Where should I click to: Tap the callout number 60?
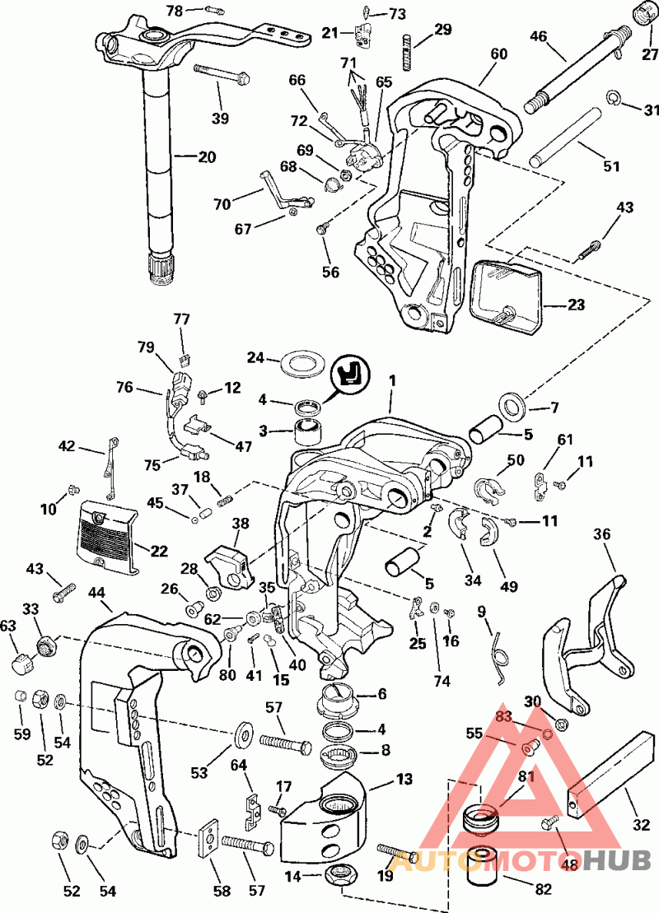[x=499, y=54]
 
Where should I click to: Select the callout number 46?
[x=539, y=36]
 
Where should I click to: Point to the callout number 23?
[x=576, y=304]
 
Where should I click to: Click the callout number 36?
[x=603, y=534]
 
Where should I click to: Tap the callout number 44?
[x=97, y=592]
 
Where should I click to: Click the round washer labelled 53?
[x=244, y=731]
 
